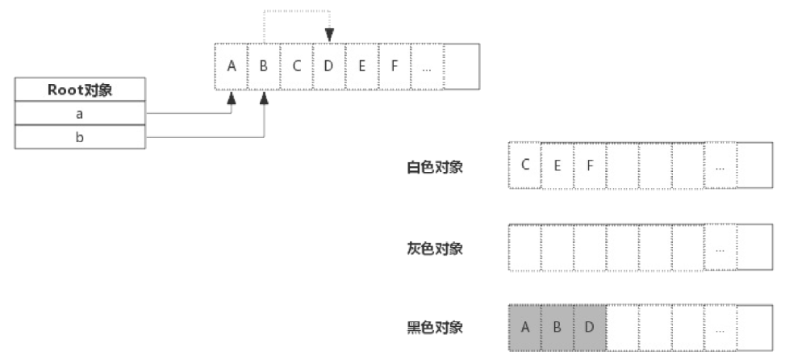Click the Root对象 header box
click(79, 90)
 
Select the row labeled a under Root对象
click(79, 115)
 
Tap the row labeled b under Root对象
click(79, 137)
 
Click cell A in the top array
click(232, 66)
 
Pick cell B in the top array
click(264, 66)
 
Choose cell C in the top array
click(296, 66)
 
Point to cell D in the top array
click(328, 66)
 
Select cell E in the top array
click(361, 66)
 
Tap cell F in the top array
click(394, 66)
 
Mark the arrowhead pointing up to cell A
click(232, 97)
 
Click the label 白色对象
click(435, 168)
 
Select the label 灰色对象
click(435, 248)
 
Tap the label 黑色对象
click(435, 328)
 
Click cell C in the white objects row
click(525, 165)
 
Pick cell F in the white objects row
click(590, 165)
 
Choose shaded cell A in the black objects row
click(525, 327)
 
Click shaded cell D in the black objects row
click(590, 327)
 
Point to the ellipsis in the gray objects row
click(720, 248)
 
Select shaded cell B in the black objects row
click(557, 327)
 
